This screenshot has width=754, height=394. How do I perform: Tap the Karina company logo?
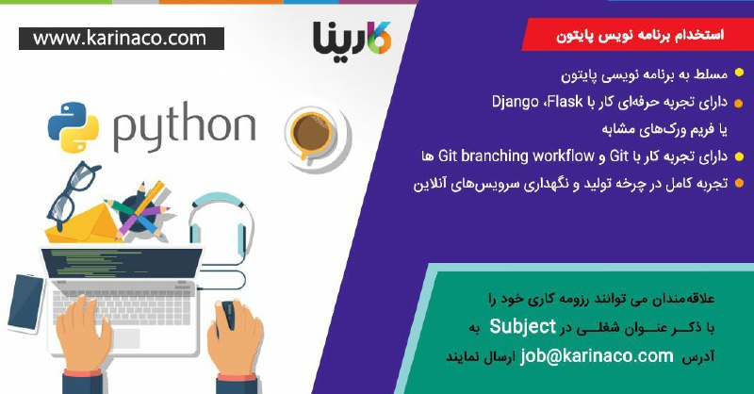pyautogui.click(x=352, y=37)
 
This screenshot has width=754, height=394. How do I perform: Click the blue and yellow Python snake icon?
pyautogui.click(x=74, y=126)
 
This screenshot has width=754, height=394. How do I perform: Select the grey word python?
pyautogui.click(x=184, y=127)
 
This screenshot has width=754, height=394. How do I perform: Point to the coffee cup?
pyautogui.click(x=318, y=136)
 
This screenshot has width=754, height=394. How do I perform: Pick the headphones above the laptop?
pyautogui.click(x=221, y=226)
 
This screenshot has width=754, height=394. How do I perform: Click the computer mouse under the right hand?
pyautogui.click(x=227, y=315)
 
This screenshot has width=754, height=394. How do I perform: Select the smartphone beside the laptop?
pyautogui.click(x=26, y=304)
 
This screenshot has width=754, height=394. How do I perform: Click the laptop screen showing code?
pyautogui.click(x=122, y=263)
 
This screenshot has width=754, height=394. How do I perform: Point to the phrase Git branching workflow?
pyautogui.click(x=516, y=156)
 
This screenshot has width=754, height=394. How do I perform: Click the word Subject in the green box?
pyautogui.click(x=523, y=327)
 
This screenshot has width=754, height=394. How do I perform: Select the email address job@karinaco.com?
pyautogui.click(x=597, y=356)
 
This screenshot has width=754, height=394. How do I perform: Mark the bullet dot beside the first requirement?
pyautogui.click(x=739, y=74)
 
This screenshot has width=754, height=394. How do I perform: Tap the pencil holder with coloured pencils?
pyautogui.click(x=137, y=212)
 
